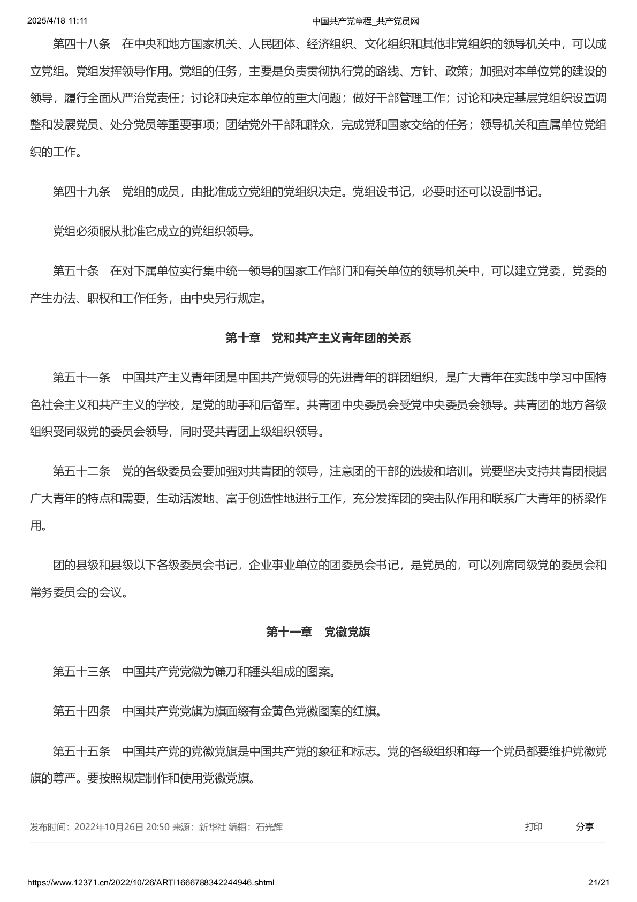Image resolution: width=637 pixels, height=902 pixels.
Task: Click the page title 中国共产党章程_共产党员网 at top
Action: (x=365, y=21)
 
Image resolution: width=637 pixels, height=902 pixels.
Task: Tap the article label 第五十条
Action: (x=75, y=271)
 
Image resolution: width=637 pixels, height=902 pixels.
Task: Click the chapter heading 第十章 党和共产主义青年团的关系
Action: (x=318, y=338)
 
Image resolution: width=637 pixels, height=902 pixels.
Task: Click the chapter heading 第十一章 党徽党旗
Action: (x=318, y=632)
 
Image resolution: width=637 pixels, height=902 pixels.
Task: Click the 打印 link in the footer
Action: (x=533, y=826)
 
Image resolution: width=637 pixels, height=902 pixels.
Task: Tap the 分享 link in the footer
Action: (x=585, y=826)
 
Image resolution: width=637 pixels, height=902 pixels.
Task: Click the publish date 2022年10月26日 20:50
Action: (x=122, y=827)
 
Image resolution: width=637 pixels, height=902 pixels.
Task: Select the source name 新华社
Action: (x=212, y=827)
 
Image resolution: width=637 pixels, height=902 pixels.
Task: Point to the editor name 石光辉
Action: (x=269, y=827)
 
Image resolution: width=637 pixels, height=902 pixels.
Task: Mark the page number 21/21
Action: (x=598, y=882)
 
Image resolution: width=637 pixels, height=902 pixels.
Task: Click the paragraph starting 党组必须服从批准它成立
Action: (x=154, y=231)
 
